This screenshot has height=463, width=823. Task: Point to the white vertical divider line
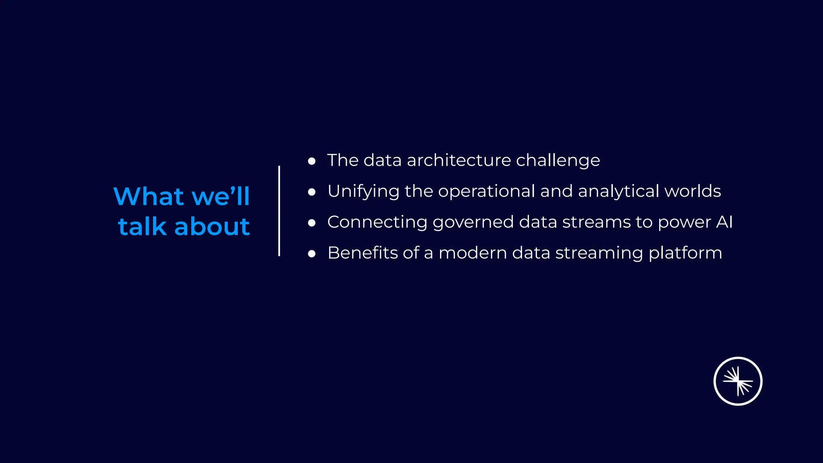[x=279, y=211]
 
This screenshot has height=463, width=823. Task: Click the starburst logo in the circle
[x=738, y=381]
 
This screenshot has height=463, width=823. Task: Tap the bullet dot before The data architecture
[x=311, y=161]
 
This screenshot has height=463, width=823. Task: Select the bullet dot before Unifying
[x=311, y=192]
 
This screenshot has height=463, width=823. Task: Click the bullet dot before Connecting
[x=311, y=223]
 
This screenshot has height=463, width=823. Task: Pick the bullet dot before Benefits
[x=311, y=254]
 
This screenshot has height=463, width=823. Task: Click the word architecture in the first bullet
[x=459, y=160]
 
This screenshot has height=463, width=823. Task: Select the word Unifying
[x=363, y=192]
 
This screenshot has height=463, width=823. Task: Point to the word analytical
[x=618, y=192]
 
